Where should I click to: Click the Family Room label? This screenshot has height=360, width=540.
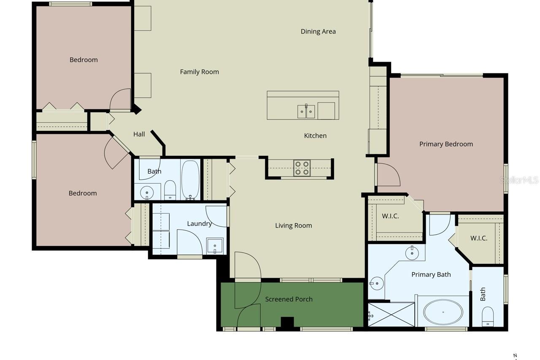tap(200, 72)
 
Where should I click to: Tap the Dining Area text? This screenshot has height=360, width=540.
tap(318, 32)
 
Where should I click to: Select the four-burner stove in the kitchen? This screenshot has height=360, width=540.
tap(302, 168)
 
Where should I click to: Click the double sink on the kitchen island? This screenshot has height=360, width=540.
tap(306, 111)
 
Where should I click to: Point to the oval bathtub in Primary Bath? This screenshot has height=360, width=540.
tap(443, 312)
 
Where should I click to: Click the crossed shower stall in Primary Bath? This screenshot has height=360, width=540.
tap(391, 315)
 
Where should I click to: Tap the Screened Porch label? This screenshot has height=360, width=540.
tap(289, 299)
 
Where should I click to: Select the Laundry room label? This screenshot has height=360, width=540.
tap(200, 224)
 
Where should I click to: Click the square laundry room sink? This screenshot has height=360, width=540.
tap(215, 246)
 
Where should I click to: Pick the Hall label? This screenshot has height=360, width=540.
tap(139, 134)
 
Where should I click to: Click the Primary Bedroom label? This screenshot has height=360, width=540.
tap(446, 144)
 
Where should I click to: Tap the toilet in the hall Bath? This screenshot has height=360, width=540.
tap(170, 190)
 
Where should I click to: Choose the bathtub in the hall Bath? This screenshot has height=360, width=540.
tap(190, 180)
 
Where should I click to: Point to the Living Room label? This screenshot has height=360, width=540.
tap(294, 226)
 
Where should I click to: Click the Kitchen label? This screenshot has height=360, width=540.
tap(315, 136)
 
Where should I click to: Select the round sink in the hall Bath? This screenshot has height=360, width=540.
tap(147, 192)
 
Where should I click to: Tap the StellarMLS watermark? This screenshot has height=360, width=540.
tap(519, 180)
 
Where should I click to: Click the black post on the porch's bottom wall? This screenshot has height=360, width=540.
tap(287, 323)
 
